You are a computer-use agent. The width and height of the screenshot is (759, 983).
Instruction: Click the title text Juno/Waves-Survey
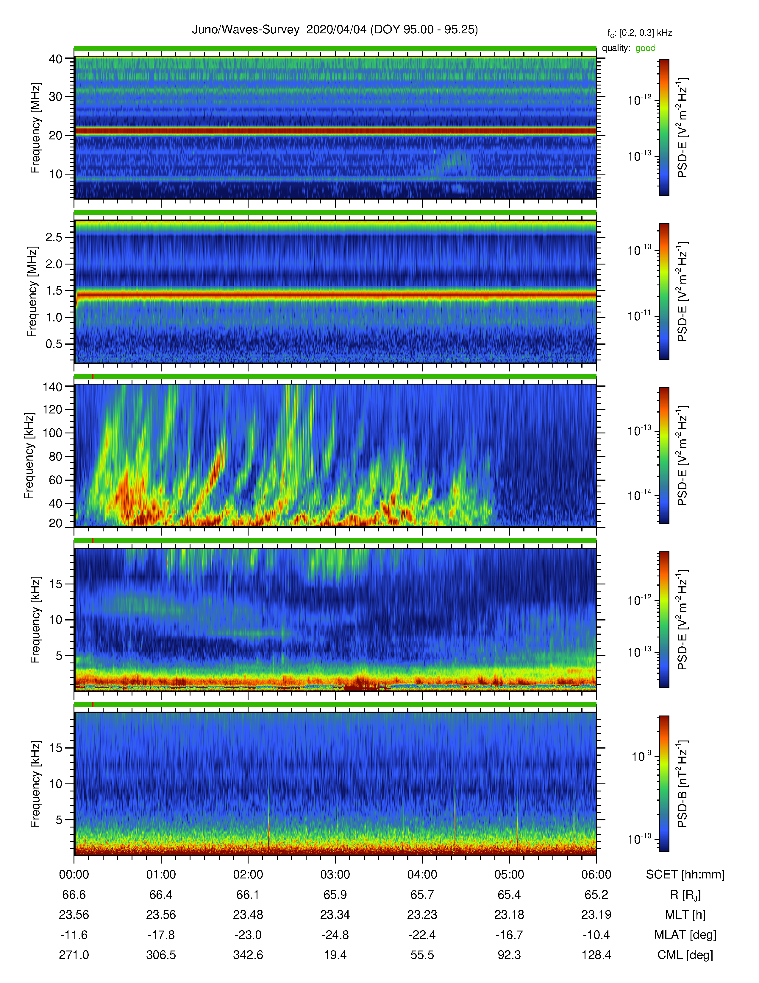click(246, 30)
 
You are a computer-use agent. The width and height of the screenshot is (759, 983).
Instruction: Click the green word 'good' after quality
click(645, 48)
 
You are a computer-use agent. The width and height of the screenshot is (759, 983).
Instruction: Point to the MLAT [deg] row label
click(685, 935)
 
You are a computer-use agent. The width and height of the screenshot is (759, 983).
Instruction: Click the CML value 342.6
click(248, 955)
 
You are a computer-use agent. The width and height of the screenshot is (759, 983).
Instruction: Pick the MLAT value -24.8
click(335, 935)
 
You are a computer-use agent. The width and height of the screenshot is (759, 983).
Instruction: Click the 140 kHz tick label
click(52, 387)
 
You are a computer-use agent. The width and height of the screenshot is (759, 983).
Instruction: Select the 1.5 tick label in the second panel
click(54, 291)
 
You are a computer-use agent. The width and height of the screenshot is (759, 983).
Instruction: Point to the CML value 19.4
click(335, 955)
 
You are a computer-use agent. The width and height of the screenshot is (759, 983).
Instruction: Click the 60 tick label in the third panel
click(55, 480)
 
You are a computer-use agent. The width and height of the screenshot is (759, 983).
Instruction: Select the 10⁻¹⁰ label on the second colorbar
click(640, 249)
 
